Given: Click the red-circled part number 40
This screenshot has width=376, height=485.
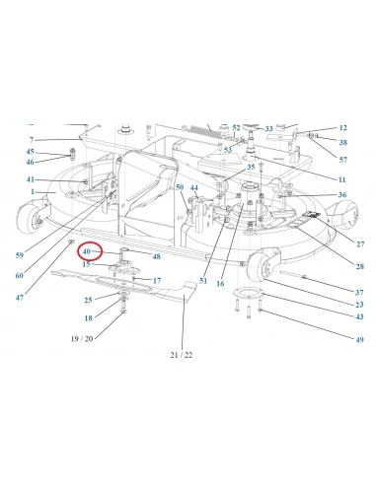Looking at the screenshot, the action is pyautogui.click(x=87, y=251).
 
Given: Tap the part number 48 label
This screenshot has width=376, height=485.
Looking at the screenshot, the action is pyautogui.click(x=157, y=256).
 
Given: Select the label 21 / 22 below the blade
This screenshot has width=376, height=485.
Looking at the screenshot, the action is pyautogui.click(x=182, y=355).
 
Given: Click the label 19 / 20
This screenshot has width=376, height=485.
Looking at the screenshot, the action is pyautogui.click(x=82, y=338).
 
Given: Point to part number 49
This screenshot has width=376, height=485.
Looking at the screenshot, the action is pyautogui.click(x=360, y=340).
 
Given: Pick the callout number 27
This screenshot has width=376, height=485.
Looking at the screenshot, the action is pyautogui.click(x=360, y=244).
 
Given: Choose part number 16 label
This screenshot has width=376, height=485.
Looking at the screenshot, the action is pyautogui.click(x=220, y=283).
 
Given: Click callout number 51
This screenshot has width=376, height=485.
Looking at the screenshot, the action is pyautogui.click(x=203, y=281).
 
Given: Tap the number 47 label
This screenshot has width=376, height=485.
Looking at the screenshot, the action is pyautogui.click(x=20, y=298).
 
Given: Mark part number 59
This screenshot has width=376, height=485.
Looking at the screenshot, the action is pyautogui.click(x=20, y=255).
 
